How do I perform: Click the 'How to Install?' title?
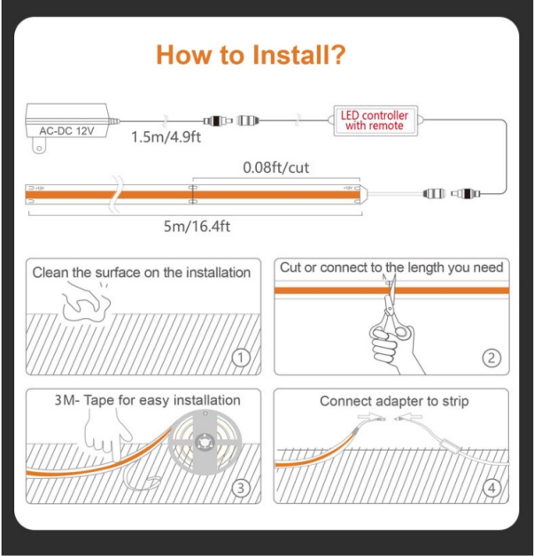(x=251, y=55)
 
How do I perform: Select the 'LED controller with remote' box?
(x=375, y=120)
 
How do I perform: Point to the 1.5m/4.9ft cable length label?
(x=166, y=137)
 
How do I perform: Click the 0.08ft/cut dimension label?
(x=276, y=167)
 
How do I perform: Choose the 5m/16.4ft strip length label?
(x=197, y=226)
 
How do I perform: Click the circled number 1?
(x=241, y=358)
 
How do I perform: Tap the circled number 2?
(x=491, y=358)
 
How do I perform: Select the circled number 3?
(x=241, y=489)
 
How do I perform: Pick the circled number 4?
(x=491, y=489)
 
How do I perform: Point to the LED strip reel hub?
(x=205, y=443)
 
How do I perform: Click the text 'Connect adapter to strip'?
(x=394, y=401)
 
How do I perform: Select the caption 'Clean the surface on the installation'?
(x=142, y=273)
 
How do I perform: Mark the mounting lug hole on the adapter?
(x=39, y=148)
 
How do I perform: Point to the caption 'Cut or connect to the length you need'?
(x=391, y=267)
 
